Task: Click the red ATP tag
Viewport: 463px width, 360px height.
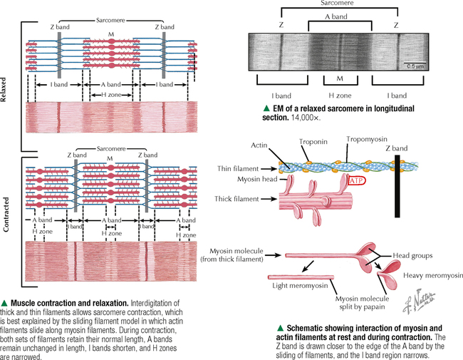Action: coord(358,183)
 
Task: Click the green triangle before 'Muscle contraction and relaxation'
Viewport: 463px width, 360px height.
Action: coord(5,303)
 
